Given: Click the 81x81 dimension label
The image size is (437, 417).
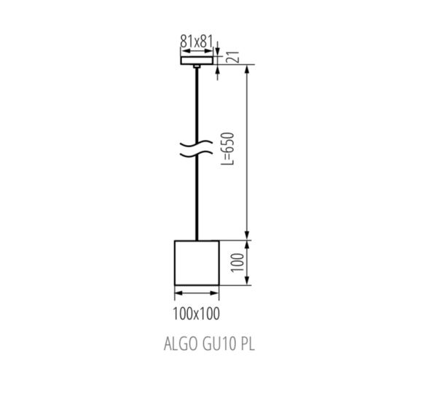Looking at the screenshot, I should pos(196,42).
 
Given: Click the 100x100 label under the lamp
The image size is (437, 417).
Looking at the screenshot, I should pos(197,313).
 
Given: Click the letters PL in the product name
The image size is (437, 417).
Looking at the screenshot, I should pos(246,344).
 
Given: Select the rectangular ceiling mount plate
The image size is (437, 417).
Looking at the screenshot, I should pos(197,61).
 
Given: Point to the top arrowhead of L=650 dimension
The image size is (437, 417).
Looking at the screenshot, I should pos(249,70).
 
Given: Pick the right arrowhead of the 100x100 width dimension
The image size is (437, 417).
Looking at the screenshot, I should pos(216,294).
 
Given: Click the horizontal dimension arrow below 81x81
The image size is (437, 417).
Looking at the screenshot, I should pos(197,51).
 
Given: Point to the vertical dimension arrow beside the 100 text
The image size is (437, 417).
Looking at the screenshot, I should pos(249,262).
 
